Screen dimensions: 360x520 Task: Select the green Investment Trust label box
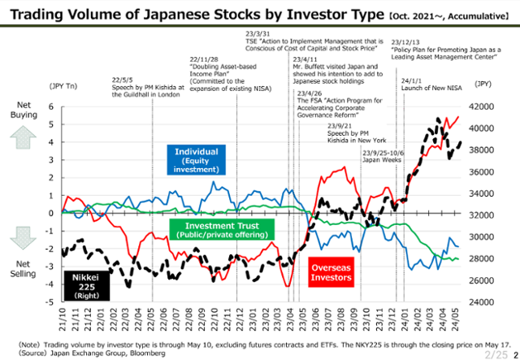222,229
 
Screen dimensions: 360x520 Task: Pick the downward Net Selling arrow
22,236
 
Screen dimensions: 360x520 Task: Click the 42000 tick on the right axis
485,106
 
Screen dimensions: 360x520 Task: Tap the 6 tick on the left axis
50,106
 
